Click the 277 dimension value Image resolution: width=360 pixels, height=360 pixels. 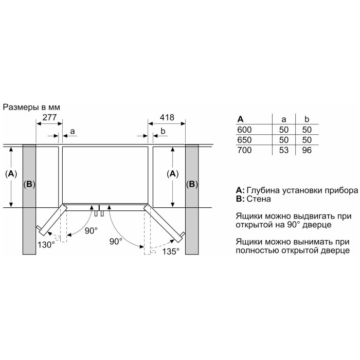click(x=49, y=117)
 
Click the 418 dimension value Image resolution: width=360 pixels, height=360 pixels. click(x=167, y=117)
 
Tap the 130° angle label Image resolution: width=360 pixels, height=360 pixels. click(x=46, y=245)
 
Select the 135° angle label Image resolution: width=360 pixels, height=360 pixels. click(x=171, y=251)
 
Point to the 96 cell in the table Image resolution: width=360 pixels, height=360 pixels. click(x=307, y=150)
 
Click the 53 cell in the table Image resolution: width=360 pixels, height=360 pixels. click(x=284, y=150)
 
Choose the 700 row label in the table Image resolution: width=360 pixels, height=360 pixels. click(x=244, y=150)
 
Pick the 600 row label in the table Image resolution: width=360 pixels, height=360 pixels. click(x=244, y=130)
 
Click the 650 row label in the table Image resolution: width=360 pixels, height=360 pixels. click(x=244, y=140)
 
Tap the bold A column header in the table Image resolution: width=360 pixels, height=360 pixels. click(x=240, y=119)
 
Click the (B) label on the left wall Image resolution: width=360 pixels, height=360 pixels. click(x=29, y=184)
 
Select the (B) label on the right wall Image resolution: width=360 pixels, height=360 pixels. click(x=192, y=184)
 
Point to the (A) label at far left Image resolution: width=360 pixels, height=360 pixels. click(x=11, y=174)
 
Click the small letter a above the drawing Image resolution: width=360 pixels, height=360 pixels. click(x=73, y=132)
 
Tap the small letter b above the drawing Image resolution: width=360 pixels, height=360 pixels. click(x=163, y=131)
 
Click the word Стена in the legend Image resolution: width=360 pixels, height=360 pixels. click(x=259, y=199)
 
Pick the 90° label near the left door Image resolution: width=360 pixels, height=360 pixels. click(x=91, y=231)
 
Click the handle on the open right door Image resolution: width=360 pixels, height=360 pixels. click(x=182, y=234)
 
